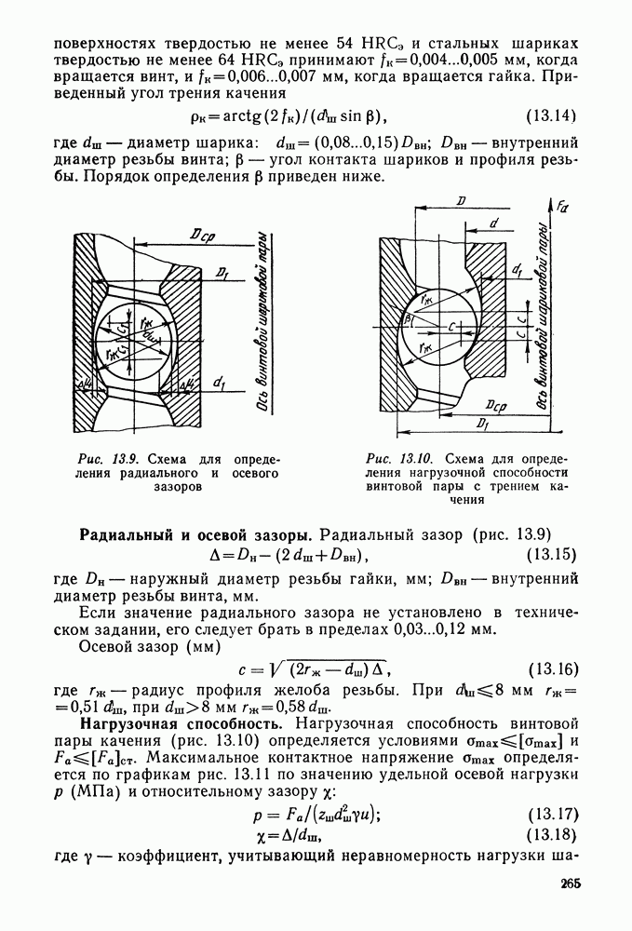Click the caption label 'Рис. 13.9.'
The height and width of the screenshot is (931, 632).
106,459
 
